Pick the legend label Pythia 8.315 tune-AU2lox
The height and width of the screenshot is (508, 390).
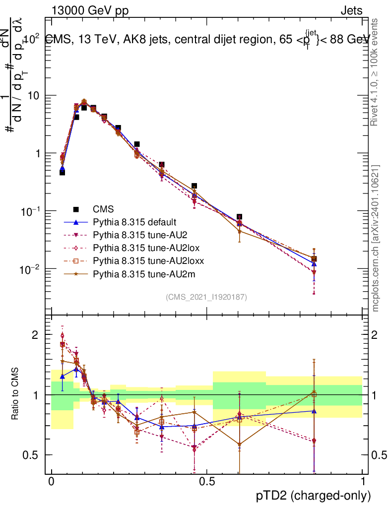[142, 248]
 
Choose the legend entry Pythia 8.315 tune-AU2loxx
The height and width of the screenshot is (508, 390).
[144, 260]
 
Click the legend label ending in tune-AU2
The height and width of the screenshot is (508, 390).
[136, 235]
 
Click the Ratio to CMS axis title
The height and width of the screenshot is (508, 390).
[15, 394]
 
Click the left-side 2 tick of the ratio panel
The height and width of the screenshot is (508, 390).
[35, 335]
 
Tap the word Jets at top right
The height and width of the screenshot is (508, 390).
[351, 10]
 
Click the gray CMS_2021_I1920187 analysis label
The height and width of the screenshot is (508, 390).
[206, 297]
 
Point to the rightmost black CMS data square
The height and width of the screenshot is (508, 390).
[314, 259]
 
